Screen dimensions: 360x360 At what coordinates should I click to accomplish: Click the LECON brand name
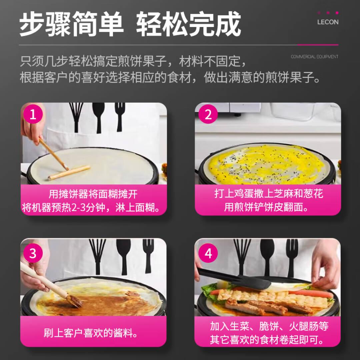point(328,22)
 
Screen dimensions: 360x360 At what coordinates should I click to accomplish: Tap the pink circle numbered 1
point(33,114)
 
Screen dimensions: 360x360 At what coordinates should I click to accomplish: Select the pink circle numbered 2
point(208,114)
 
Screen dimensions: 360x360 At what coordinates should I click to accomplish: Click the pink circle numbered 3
point(33,253)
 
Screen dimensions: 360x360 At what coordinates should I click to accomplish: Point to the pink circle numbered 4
point(208,253)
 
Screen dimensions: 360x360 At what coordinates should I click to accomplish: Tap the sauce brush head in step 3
point(75,301)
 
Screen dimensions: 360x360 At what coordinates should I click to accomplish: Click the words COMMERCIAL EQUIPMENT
point(314,57)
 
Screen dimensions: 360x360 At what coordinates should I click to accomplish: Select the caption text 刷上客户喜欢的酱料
point(91,333)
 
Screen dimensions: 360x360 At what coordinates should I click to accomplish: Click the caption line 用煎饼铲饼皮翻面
point(266,207)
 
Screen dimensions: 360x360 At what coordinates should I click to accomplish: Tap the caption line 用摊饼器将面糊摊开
point(93,194)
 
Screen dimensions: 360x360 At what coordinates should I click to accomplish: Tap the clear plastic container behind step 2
point(292,112)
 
